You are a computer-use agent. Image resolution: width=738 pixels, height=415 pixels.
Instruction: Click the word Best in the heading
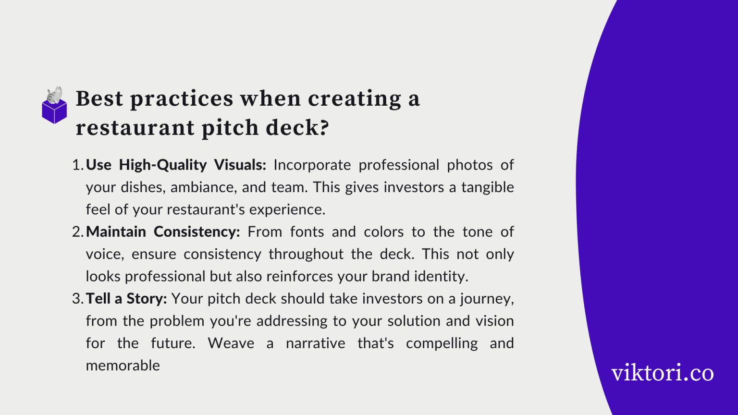tap(99, 98)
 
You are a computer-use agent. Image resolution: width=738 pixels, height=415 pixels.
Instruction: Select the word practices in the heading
tap(182, 98)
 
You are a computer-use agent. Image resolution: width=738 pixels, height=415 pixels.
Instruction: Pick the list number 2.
tap(77, 232)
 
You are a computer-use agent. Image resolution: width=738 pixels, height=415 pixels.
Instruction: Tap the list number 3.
tap(77, 298)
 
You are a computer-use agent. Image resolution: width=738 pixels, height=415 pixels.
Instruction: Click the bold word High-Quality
tap(162, 165)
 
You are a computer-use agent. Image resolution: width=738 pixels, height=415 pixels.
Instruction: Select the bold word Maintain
tap(116, 232)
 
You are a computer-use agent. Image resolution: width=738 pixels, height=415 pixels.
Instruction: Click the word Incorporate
tap(312, 165)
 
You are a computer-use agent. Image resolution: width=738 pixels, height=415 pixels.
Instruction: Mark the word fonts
tap(307, 232)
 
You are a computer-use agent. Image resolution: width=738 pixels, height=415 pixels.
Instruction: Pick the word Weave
tap(231, 343)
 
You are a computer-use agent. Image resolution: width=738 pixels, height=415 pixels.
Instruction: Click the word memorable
tap(123, 365)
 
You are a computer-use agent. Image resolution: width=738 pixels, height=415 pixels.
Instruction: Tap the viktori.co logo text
tap(662, 373)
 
